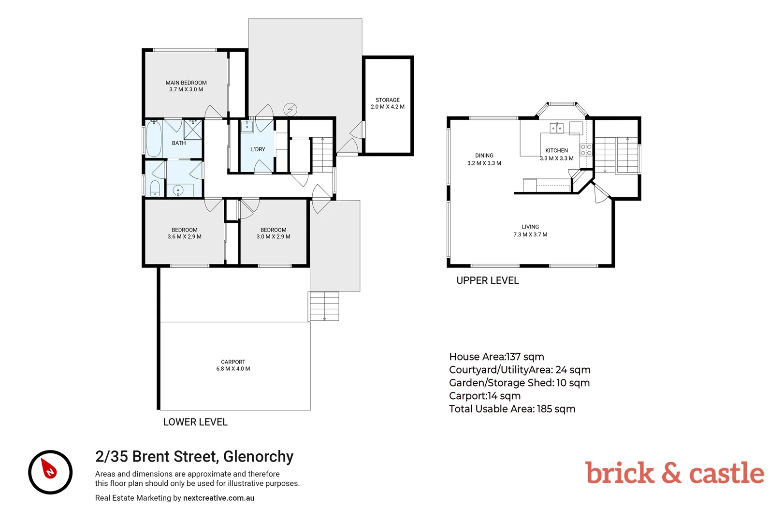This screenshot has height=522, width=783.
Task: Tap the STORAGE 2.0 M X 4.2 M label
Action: (x=388, y=103)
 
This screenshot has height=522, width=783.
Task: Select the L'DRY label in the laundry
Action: (x=258, y=149)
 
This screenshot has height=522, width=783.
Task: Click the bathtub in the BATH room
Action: (x=154, y=139)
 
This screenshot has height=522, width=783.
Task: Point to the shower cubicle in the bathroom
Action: (x=192, y=130)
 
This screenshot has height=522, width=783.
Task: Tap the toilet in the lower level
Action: (x=155, y=188)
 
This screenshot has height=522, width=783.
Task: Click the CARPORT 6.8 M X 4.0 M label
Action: (x=233, y=365)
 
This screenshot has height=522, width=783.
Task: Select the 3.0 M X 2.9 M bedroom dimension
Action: (x=274, y=237)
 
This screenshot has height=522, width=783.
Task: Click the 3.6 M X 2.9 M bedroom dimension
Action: (x=185, y=237)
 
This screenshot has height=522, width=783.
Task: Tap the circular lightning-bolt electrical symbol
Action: (x=290, y=109)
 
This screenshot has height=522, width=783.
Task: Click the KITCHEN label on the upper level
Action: (x=557, y=151)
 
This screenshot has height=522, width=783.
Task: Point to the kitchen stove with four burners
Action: (x=586, y=150)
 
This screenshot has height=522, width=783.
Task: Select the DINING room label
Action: (x=484, y=156)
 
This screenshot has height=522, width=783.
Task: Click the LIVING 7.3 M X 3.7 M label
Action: (x=530, y=231)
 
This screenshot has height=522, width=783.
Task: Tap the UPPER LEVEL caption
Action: (x=488, y=281)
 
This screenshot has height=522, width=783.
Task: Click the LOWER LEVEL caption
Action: (x=195, y=422)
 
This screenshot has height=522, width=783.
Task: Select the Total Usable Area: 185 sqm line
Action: (x=512, y=409)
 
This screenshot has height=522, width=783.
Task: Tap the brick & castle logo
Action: (x=674, y=473)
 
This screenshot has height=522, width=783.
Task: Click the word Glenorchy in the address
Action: (x=258, y=456)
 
